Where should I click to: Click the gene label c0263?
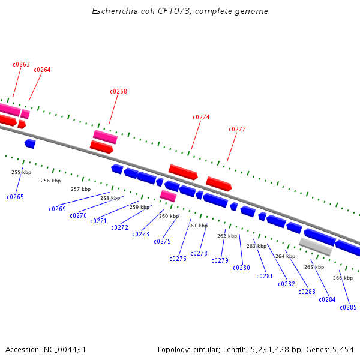21,65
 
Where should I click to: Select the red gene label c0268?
118,92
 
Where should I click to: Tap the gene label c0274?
201,118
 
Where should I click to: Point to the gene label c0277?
237,130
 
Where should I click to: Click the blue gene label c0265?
15,197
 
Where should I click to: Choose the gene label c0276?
178,259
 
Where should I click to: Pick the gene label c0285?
348,308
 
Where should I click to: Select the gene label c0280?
241,268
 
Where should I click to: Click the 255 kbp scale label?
21,173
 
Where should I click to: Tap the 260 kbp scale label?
169,216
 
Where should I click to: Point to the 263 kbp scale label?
256,247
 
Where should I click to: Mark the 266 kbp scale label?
343,278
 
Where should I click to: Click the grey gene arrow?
316,246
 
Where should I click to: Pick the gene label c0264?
42,70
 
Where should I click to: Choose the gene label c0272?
119,228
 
